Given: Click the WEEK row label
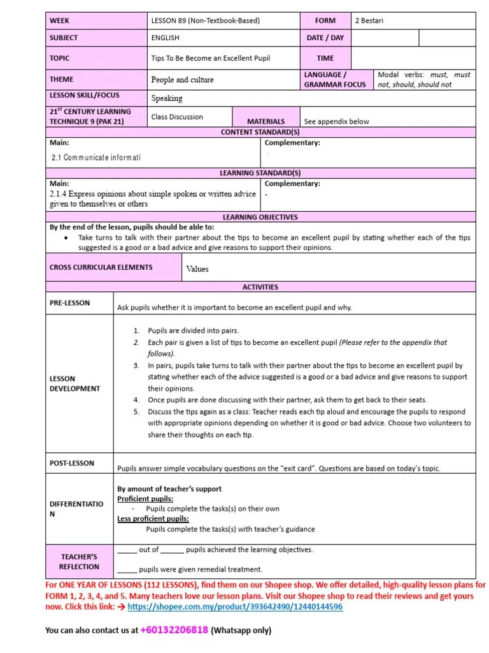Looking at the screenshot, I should (60, 20).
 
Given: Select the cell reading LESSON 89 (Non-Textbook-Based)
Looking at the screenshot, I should (205, 20).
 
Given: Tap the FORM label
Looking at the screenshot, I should (325, 20).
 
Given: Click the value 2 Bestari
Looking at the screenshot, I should (369, 20).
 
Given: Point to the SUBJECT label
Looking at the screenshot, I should (64, 38).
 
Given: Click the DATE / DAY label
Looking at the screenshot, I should (325, 38).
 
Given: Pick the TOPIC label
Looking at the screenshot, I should (60, 58).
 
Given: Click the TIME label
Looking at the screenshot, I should (325, 58).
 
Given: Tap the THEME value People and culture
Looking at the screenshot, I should (182, 80).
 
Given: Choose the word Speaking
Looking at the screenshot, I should (167, 98).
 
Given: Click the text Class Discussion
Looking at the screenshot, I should (177, 117).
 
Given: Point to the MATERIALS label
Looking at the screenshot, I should (266, 121).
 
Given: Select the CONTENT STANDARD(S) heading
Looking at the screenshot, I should (260, 132).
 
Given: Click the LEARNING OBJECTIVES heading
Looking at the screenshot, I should (260, 217).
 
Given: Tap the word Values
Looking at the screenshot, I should (197, 269).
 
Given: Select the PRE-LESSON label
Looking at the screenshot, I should (70, 303).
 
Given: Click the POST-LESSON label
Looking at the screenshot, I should (72, 463).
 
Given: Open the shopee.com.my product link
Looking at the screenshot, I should (235, 607).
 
